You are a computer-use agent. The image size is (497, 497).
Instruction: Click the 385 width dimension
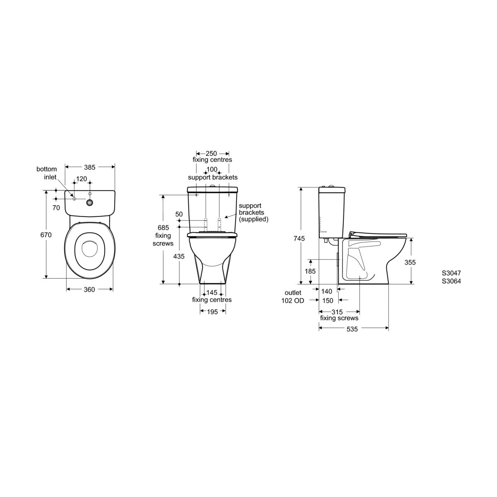89,167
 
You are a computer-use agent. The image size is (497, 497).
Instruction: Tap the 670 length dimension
46,235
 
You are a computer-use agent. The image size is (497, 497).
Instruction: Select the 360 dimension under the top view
89,290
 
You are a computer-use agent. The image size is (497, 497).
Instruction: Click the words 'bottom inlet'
47,173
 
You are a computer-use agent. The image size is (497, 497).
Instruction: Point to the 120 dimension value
82,179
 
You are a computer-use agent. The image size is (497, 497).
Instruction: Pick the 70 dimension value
56,208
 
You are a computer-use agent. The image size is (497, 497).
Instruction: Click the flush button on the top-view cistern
89,203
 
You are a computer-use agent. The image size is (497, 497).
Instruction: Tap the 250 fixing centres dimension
212,154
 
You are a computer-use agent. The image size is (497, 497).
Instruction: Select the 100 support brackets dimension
212,170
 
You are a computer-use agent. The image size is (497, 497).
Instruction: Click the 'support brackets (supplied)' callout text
254,212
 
